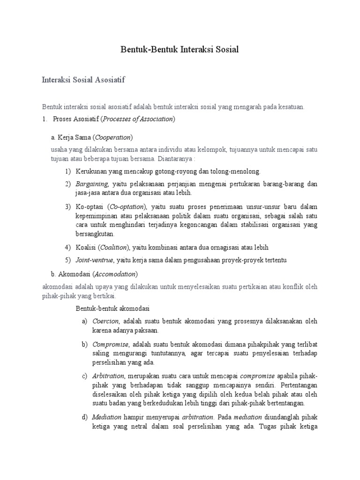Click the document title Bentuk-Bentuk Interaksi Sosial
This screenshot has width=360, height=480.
coord(180,50)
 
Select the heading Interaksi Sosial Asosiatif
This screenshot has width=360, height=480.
coord(83,80)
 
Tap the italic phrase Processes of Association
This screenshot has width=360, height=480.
coord(138,119)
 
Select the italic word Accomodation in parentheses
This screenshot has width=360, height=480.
coord(116,273)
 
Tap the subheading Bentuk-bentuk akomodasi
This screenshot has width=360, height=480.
coord(112,308)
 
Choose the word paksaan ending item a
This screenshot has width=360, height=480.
coord(145,330)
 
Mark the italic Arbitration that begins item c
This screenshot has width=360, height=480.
coord(108,376)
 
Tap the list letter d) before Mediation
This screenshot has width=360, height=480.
coord(84,417)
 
